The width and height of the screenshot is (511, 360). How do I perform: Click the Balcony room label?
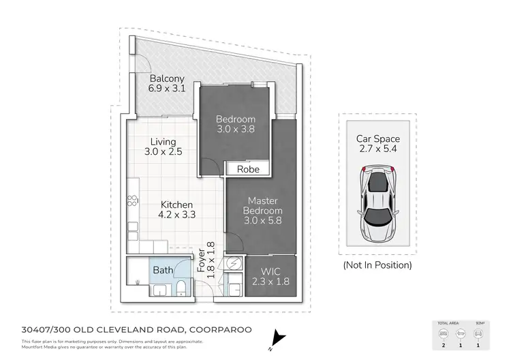click(x=168, y=83)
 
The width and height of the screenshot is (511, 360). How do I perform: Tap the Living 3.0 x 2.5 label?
click(x=164, y=147)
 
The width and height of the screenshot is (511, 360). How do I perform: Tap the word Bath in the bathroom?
click(x=163, y=270)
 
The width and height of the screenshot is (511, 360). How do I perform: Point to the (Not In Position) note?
click(x=377, y=265)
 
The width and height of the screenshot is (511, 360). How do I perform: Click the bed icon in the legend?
click(x=444, y=335)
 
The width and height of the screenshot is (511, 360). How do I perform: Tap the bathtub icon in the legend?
click(x=461, y=335)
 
